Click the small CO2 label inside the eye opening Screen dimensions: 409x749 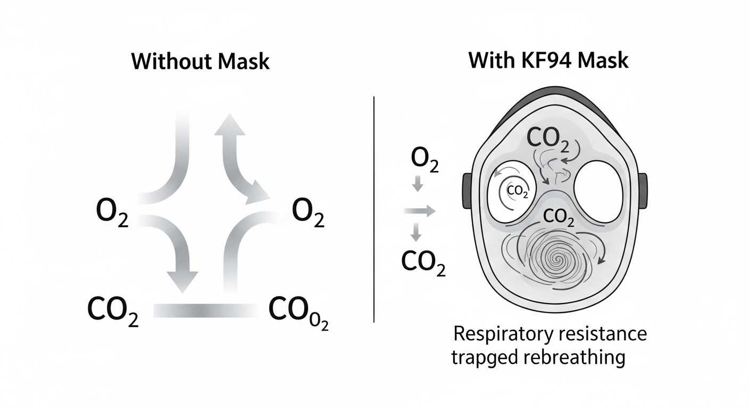click(517, 191)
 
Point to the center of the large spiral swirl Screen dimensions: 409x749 click(560, 261)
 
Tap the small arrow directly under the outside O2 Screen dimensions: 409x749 click(418, 185)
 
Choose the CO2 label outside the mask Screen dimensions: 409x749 click(422, 261)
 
